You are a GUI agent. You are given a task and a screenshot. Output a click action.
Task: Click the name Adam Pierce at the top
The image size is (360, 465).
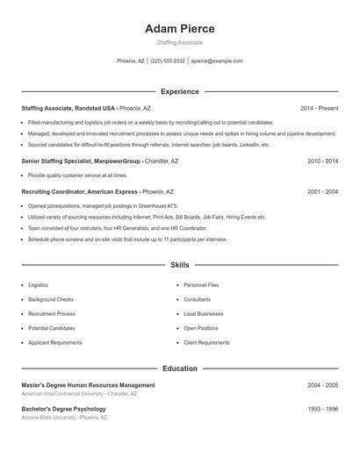click(179, 28)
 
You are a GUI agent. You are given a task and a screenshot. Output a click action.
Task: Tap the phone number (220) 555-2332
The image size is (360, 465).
click(168, 61)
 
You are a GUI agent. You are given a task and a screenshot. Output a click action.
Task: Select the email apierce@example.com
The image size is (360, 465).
click(216, 61)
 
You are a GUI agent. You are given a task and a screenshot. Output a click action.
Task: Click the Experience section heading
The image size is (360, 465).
click(179, 91)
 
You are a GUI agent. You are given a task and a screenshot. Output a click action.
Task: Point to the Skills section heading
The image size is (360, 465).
click(179, 264)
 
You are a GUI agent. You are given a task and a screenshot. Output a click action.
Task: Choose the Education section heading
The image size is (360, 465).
click(179, 368)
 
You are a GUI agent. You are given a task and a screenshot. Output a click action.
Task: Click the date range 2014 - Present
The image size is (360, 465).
click(319, 109)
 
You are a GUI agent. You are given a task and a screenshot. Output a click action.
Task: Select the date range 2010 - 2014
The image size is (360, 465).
click(322, 161)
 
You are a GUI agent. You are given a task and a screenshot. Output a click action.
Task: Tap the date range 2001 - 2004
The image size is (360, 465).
click(322, 191)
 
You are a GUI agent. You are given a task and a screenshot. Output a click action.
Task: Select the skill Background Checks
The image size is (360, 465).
click(51, 299)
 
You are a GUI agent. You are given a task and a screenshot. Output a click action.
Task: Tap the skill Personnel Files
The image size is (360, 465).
click(201, 285)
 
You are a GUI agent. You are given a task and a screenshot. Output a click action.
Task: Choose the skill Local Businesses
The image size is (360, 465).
click(203, 313)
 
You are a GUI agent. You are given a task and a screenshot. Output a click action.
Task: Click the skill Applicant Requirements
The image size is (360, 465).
click(54, 342)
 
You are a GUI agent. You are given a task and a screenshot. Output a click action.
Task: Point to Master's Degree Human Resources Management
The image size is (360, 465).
click(88, 385)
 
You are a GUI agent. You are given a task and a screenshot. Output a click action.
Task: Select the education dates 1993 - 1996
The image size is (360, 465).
click(322, 409)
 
